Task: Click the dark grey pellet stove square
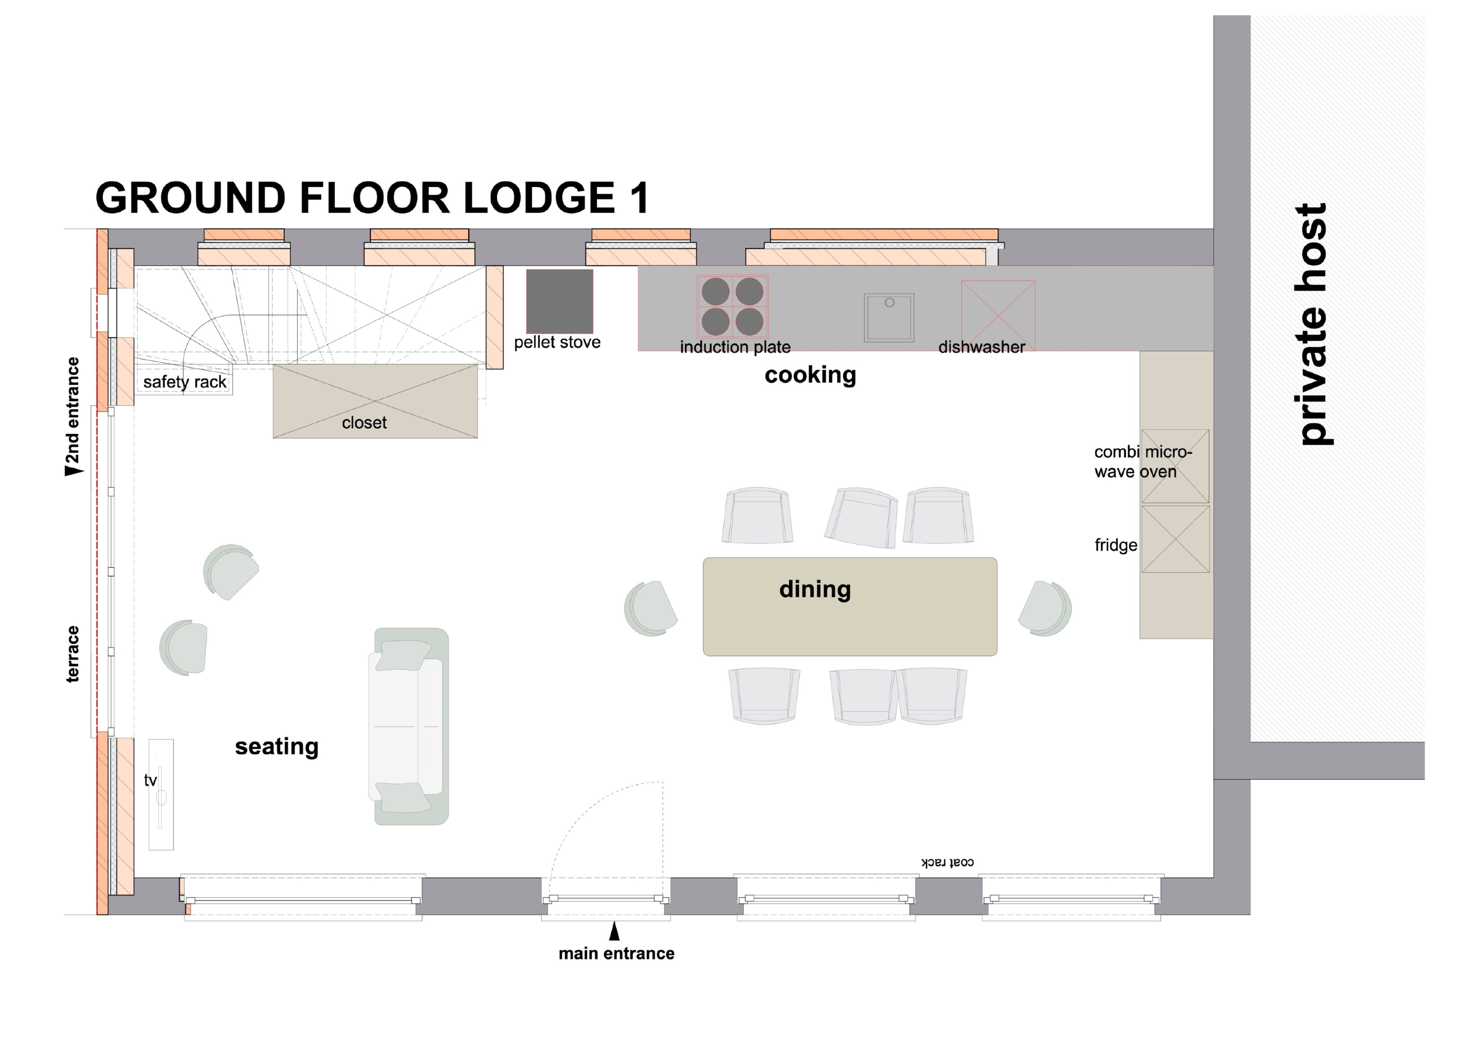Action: click(x=559, y=301)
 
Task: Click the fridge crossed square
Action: click(x=1175, y=539)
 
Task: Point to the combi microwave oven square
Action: click(x=1175, y=466)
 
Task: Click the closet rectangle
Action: click(x=375, y=401)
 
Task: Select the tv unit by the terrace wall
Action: click(x=161, y=794)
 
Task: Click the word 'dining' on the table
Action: click(x=815, y=589)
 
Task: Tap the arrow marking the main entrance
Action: click(x=615, y=931)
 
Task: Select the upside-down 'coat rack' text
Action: click(x=947, y=862)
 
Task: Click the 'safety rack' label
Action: click(x=185, y=382)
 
